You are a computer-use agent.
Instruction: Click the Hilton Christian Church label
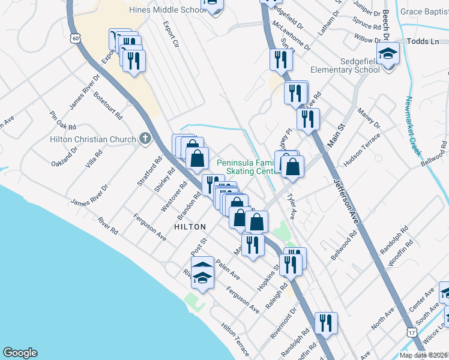pyautogui.click(x=93, y=140)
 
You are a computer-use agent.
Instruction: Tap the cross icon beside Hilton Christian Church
pyautogui.click(x=144, y=139)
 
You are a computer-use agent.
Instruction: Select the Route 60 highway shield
pyautogui.click(x=74, y=38)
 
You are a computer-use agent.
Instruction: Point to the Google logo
pyautogui.click(x=20, y=353)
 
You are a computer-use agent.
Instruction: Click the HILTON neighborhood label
pyautogui.click(x=190, y=227)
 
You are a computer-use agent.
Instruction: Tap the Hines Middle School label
pyautogui.click(x=167, y=10)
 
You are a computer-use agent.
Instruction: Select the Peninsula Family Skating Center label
pyautogui.click(x=247, y=167)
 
